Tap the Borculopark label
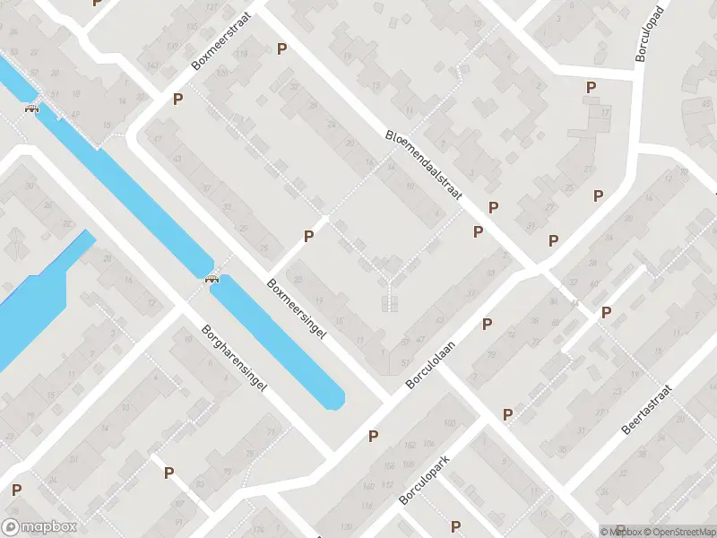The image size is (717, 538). click(423, 478)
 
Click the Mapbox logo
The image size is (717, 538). click(39, 527)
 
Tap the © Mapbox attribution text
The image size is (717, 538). click(621, 532)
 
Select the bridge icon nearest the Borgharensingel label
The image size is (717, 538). click(212, 278)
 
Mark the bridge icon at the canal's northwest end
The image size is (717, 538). click(32, 109)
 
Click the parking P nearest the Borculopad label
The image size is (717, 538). click(591, 87)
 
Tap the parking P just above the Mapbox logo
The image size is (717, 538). click(17, 490)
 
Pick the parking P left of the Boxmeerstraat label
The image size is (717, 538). click(178, 99)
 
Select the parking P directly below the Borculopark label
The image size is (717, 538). click(455, 526)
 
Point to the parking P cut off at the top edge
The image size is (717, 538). click(97, 3)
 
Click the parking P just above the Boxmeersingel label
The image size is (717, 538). click(309, 236)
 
